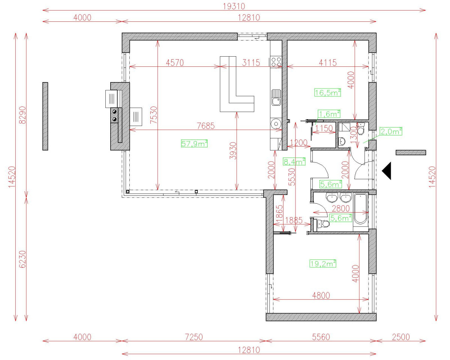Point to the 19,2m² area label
click(x=323, y=264)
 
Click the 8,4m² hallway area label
click(x=294, y=162)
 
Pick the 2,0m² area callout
click(x=391, y=131)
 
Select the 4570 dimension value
click(x=175, y=63)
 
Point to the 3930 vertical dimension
click(x=233, y=151)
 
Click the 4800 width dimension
click(x=321, y=295)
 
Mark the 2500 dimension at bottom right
click(x=401, y=337)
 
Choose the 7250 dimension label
click(x=193, y=337)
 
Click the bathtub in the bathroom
click(x=361, y=208)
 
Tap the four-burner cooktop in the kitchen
click(x=276, y=62)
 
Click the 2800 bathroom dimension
click(x=340, y=208)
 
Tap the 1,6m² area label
click(x=329, y=114)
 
